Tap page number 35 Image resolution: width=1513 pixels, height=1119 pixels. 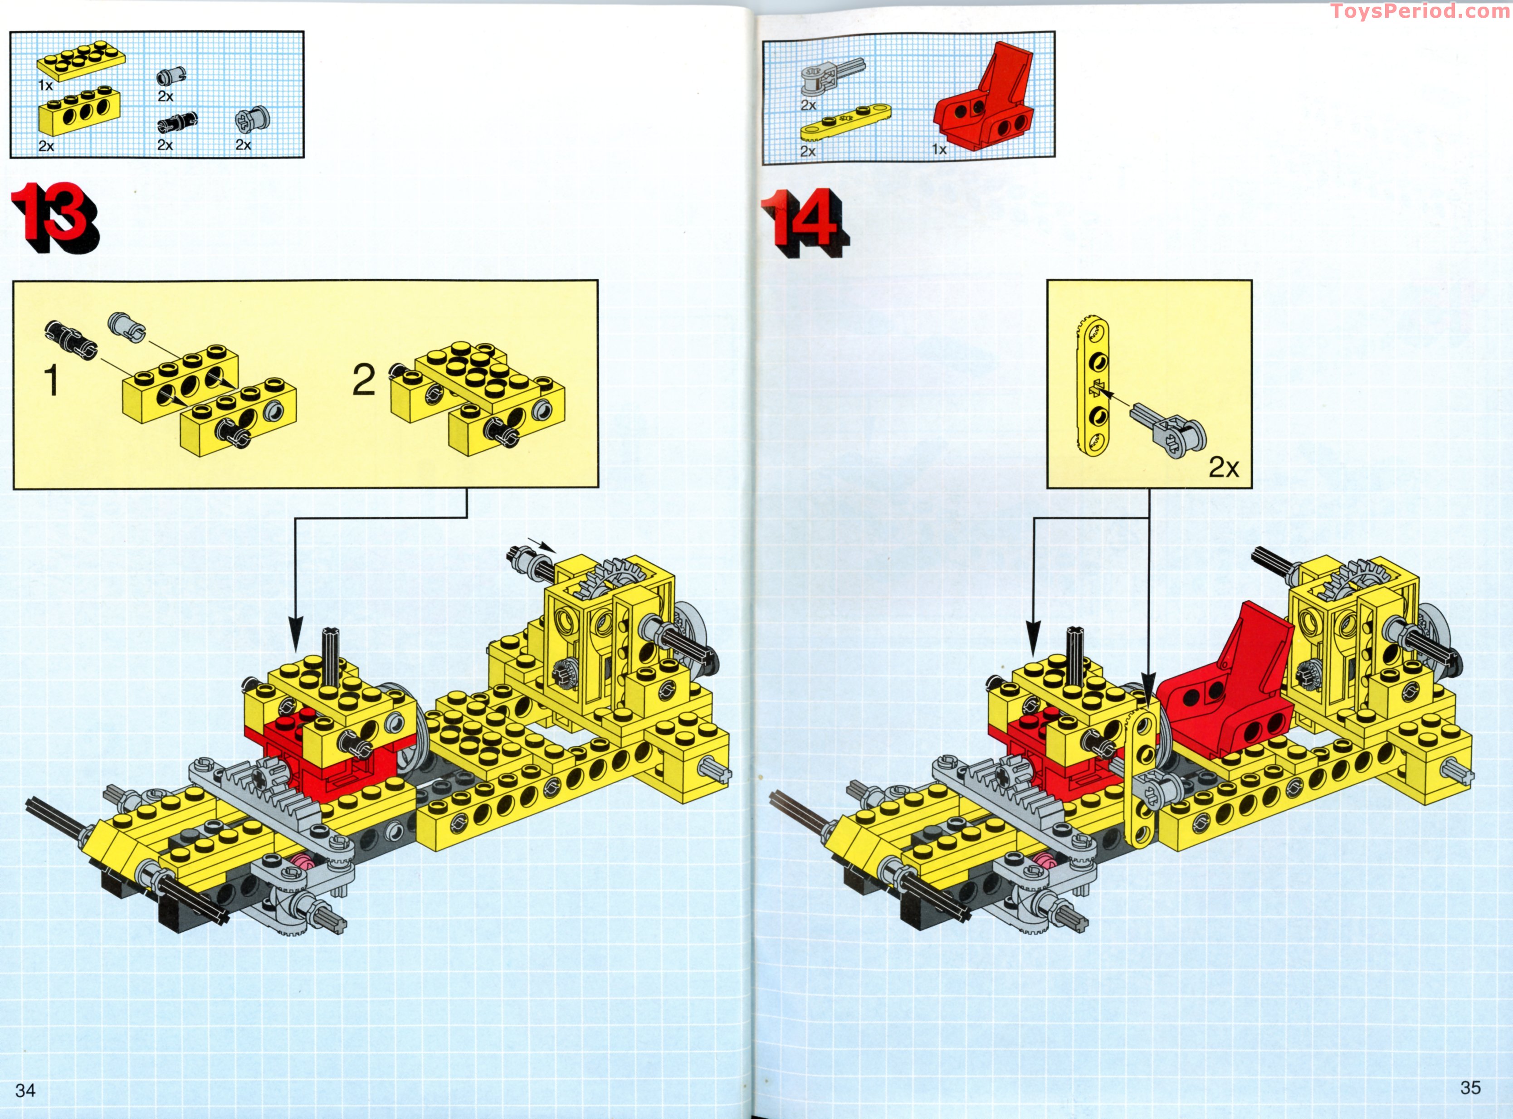tap(1470, 1088)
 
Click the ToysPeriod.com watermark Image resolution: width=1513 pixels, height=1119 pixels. tap(1420, 11)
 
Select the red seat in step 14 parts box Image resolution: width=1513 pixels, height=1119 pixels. tap(986, 102)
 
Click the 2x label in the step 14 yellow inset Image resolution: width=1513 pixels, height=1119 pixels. tap(1224, 467)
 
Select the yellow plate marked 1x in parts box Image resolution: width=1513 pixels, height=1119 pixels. tap(81, 61)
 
